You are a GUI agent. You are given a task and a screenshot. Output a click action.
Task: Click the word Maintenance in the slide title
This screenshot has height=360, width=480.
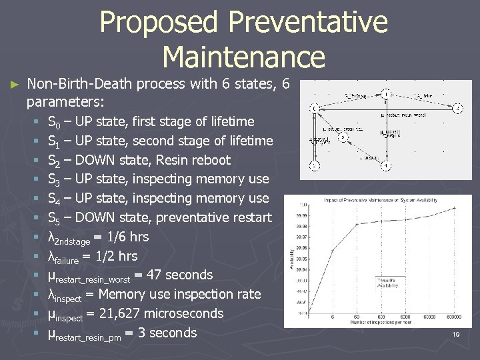(243, 56)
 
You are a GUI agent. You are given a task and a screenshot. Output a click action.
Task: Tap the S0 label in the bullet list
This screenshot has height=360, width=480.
(55, 122)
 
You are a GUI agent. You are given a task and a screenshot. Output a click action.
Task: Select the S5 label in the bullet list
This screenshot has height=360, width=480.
(55, 218)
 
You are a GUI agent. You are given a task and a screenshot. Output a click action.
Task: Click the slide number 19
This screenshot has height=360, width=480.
(456, 334)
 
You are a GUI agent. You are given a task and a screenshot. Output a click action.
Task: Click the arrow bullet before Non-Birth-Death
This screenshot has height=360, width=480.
(15, 85)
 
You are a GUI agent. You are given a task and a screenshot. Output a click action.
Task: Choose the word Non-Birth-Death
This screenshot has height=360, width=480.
(79, 85)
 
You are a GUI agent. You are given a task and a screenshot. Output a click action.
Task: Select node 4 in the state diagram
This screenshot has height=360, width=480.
(385, 166)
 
